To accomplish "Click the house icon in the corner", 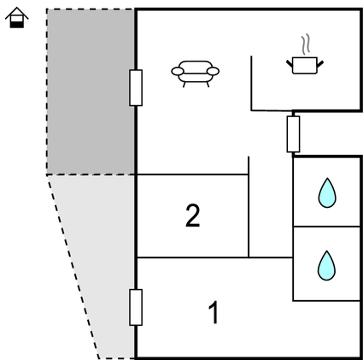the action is pyautogui.click(x=17, y=18).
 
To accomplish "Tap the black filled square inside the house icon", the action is pyautogui.click(x=17, y=25).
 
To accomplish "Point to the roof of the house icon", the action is pyautogui.click(x=17, y=13).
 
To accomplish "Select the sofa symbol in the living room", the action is pyautogui.click(x=195, y=74).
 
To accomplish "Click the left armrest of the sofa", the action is pyautogui.click(x=178, y=71).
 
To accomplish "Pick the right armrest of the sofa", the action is pyautogui.click(x=213, y=71).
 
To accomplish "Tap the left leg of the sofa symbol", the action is pyautogui.click(x=184, y=85).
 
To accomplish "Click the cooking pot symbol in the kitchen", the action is pyautogui.click(x=305, y=65).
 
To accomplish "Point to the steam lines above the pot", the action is pyautogui.click(x=306, y=44).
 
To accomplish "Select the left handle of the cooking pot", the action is pyautogui.click(x=290, y=63).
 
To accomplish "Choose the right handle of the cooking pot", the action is pyautogui.click(x=320, y=63).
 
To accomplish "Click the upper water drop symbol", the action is pyautogui.click(x=327, y=193).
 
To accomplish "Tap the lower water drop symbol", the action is pyautogui.click(x=326, y=266).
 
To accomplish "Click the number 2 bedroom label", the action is pyautogui.click(x=193, y=215).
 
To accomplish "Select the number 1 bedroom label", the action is pyautogui.click(x=214, y=312).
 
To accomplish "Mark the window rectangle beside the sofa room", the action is pyautogui.click(x=136, y=88).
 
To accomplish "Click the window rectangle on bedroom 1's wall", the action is pyautogui.click(x=136, y=307).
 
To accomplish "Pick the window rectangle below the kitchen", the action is pyautogui.click(x=293, y=134).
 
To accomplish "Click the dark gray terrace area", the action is pyautogui.click(x=91, y=91).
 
